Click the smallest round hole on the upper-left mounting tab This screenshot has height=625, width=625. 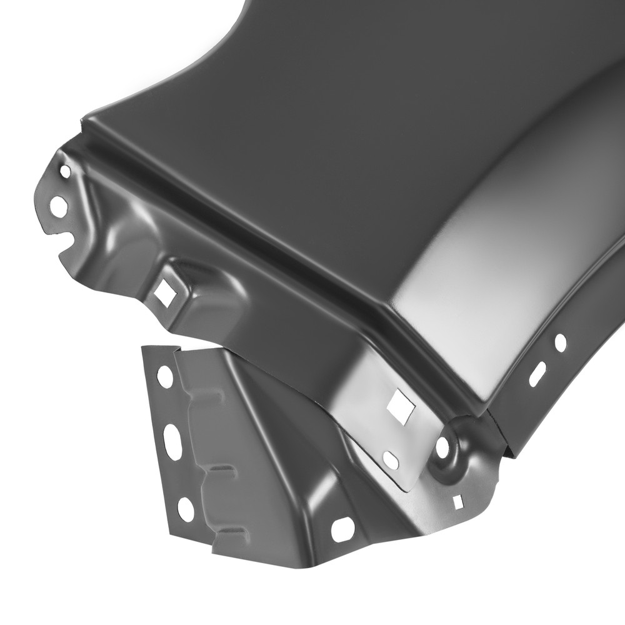click(65, 169)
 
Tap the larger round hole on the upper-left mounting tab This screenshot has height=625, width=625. click(57, 206)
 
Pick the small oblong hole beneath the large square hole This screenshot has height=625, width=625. click(390, 459)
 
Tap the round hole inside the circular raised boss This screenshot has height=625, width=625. click(442, 447)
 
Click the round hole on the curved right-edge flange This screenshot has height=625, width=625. click(561, 342)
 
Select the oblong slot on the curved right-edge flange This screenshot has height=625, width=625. click(537, 373)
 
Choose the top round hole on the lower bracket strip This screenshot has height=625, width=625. click(165, 376)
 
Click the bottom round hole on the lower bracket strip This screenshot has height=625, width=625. click(186, 509)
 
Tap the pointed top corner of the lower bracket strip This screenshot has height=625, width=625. click(145, 346)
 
